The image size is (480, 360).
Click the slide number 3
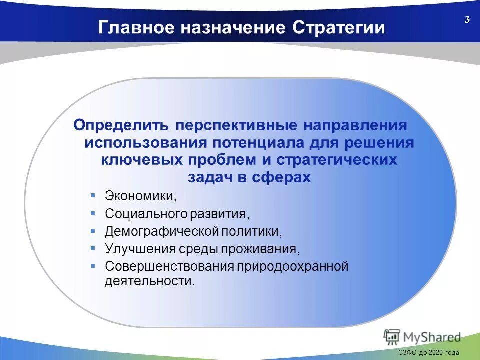(x=467, y=20)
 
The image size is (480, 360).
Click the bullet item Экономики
(x=140, y=196)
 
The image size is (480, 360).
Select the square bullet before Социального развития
(x=93, y=213)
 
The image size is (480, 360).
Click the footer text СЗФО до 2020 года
(x=428, y=353)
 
